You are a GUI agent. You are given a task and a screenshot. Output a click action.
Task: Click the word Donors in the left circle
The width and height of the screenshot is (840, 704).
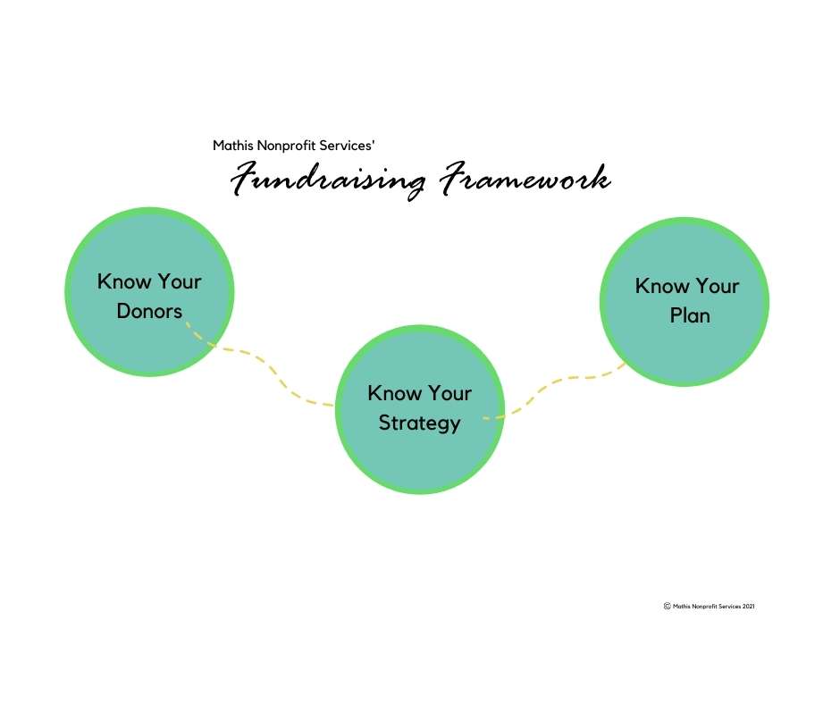[x=149, y=311]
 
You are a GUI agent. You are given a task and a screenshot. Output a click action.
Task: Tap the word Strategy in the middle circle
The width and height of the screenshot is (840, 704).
[x=419, y=423]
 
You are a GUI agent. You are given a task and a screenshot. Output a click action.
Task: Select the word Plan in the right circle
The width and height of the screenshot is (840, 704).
[x=690, y=315]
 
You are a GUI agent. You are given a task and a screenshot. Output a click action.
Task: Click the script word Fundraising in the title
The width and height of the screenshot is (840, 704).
[x=328, y=180]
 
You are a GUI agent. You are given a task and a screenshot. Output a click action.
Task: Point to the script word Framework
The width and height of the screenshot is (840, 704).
[x=525, y=177]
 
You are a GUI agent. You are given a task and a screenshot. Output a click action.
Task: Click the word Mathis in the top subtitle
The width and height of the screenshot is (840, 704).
[x=233, y=146]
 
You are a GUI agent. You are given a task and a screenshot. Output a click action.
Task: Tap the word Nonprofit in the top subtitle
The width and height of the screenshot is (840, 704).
[x=287, y=146]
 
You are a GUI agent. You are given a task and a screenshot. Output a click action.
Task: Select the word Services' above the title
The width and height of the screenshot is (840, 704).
[x=347, y=146]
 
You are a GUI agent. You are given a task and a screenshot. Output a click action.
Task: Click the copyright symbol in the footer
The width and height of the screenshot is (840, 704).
[x=667, y=606]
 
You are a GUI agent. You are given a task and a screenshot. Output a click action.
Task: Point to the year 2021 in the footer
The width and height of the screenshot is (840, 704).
[x=748, y=607]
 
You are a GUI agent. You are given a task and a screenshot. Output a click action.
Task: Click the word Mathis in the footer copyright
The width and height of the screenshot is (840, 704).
[x=682, y=607]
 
